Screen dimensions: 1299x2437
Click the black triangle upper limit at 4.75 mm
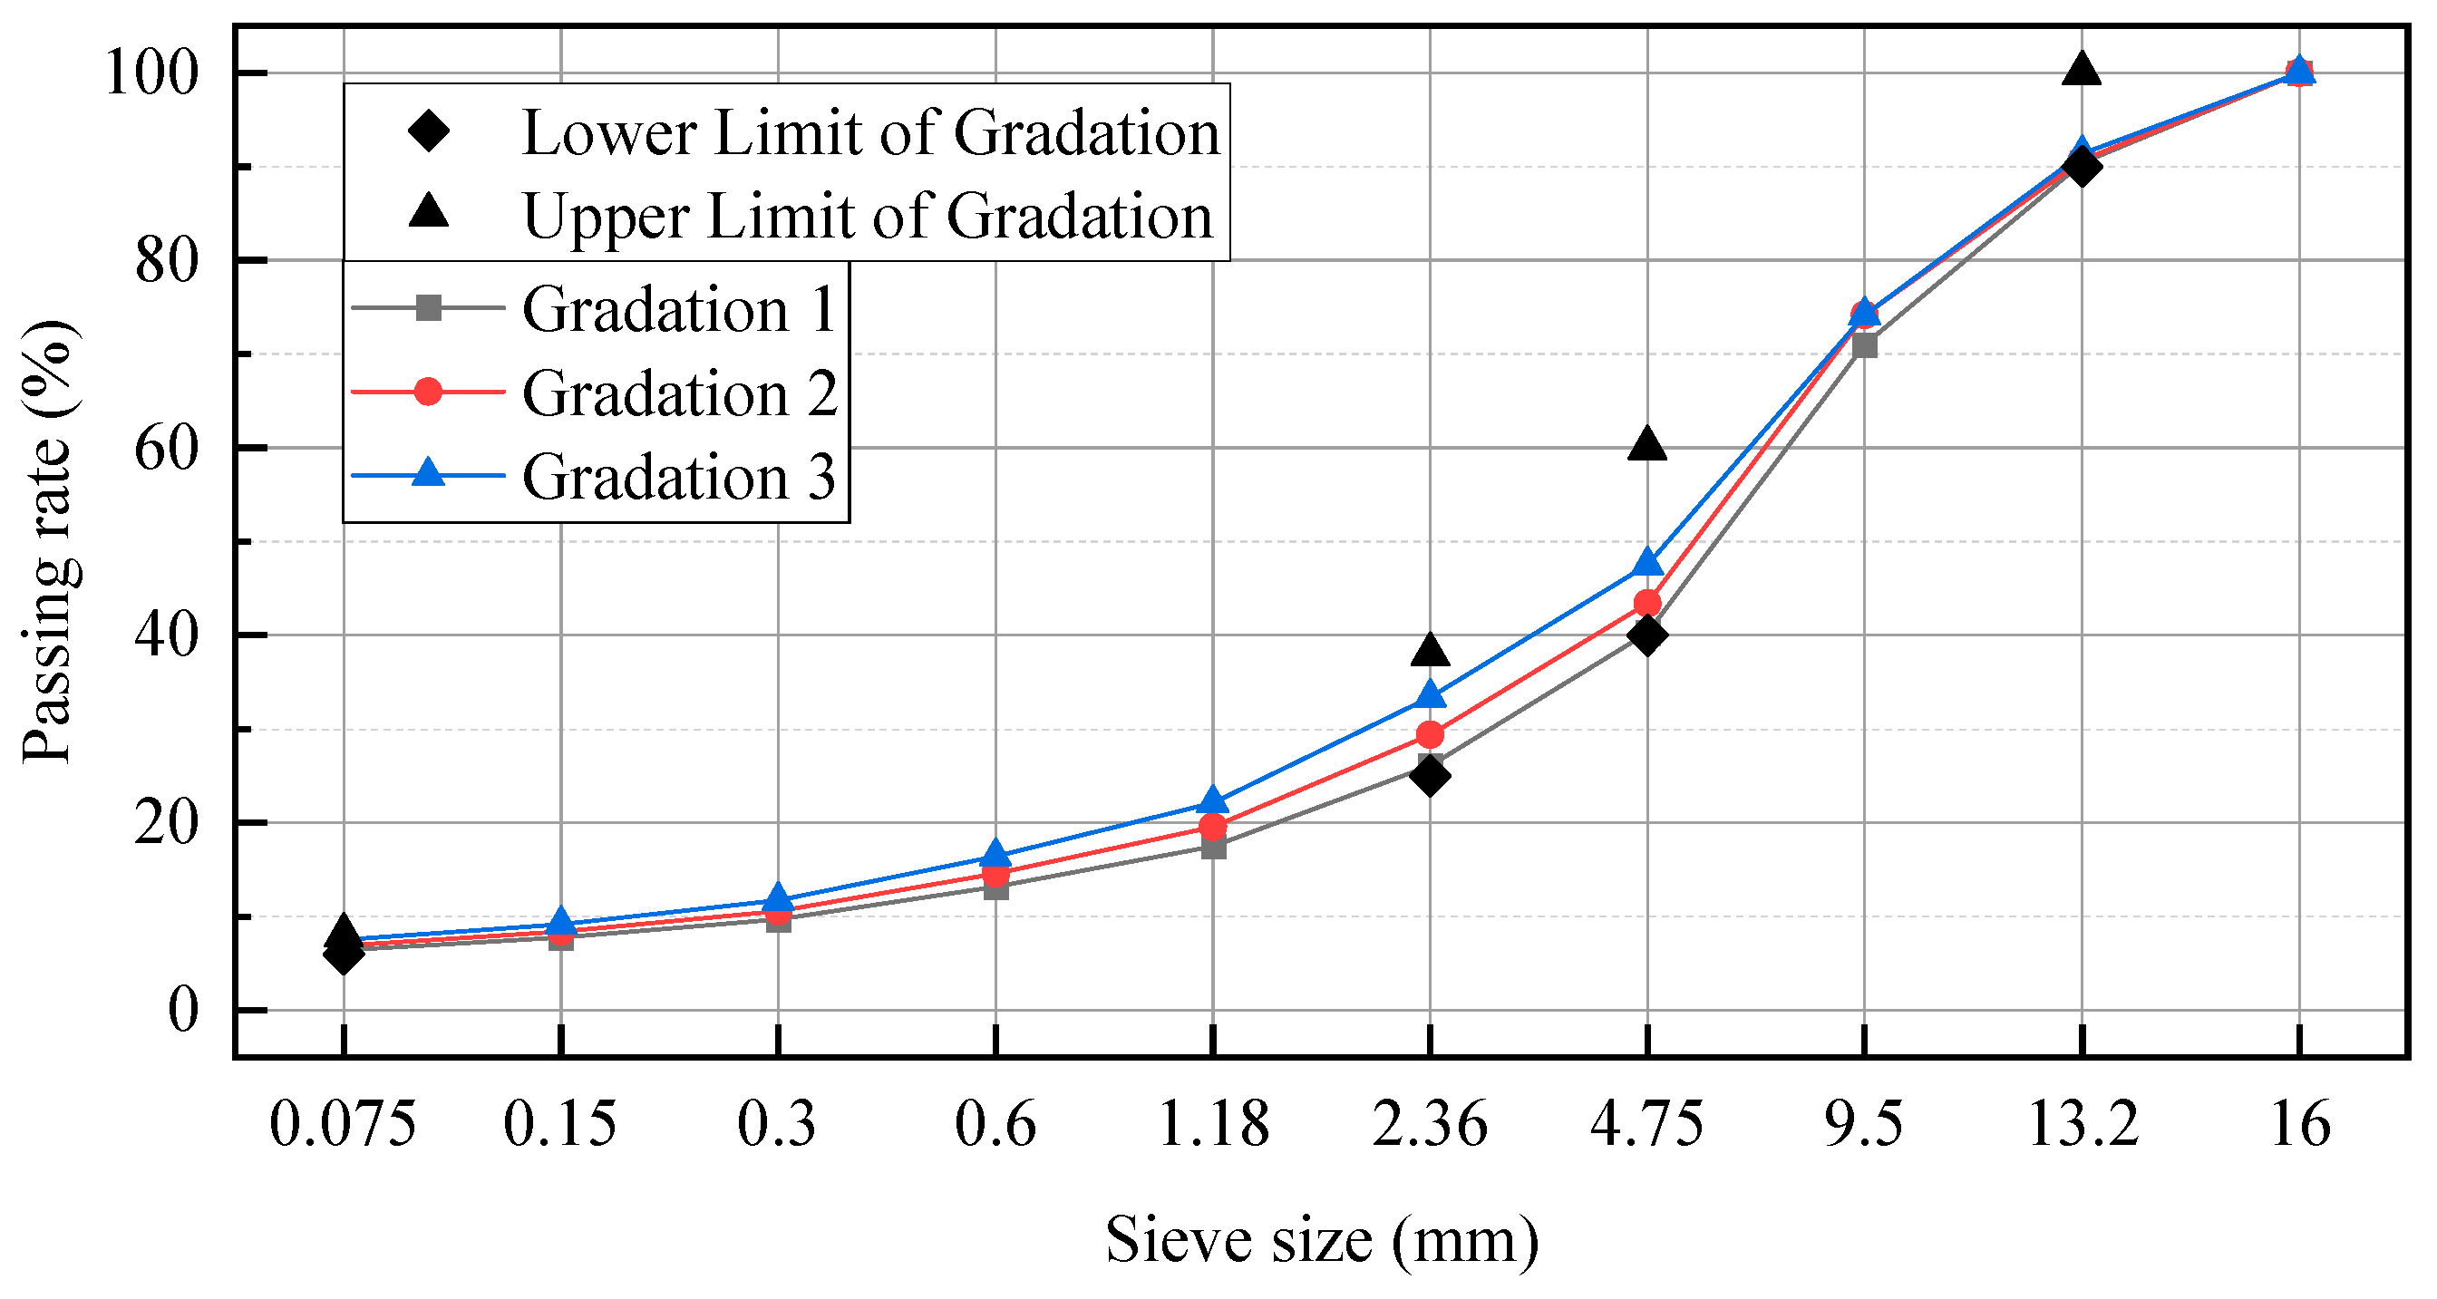tap(1647, 443)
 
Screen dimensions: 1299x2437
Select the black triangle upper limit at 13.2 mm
tap(2082, 69)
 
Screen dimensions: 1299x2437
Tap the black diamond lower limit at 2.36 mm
tap(1430, 776)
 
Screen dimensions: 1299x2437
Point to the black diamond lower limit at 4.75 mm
tap(1647, 635)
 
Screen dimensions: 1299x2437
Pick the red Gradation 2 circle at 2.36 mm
tap(1431, 734)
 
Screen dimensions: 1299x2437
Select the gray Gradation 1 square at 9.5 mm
tap(1865, 345)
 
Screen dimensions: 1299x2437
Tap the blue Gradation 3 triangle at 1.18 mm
tap(1213, 801)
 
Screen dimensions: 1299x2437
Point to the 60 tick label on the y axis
tap(167, 449)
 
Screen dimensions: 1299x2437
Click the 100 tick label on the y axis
tap(152, 73)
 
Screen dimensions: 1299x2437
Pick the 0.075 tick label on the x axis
tap(343, 1125)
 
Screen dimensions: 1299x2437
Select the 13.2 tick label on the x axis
tap(2083, 1125)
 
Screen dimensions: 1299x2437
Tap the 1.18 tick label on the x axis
tap(1213, 1125)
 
